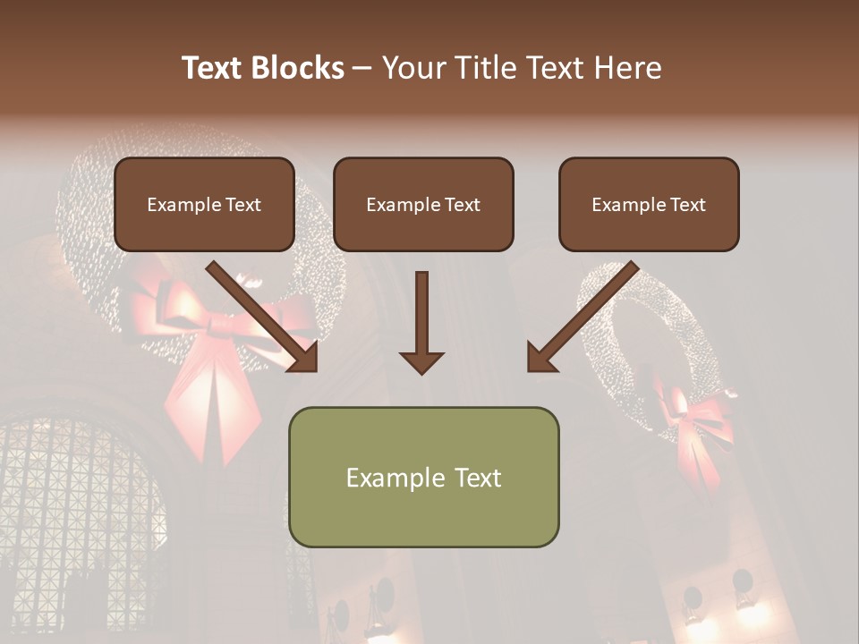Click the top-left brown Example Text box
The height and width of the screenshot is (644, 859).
pyautogui.click(x=204, y=205)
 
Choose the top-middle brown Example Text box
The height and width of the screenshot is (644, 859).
pyautogui.click(x=423, y=205)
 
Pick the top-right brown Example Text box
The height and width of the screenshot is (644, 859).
pyautogui.click(x=649, y=205)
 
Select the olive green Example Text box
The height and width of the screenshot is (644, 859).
pyautogui.click(x=423, y=478)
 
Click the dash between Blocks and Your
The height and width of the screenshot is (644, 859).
pyautogui.click(x=362, y=68)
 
